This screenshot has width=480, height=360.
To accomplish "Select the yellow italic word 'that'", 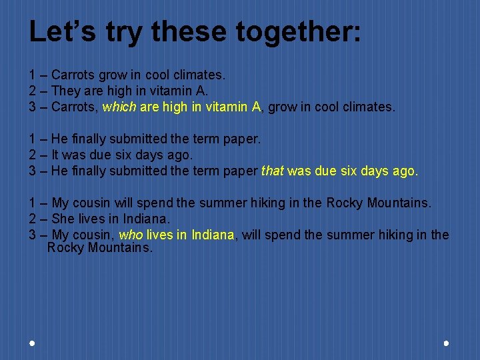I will tap(272, 171).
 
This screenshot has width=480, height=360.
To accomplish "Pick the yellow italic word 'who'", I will tap(130, 235).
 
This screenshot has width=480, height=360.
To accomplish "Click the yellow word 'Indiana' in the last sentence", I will tap(213, 235).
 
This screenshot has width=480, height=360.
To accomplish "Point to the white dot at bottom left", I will tap(32, 343).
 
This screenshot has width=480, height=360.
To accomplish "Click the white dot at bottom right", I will tap(446, 343).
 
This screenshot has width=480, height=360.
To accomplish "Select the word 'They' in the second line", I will tap(65, 91).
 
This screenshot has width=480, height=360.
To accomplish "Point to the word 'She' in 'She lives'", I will tap(63, 219).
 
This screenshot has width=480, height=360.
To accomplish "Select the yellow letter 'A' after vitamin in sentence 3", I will tap(257, 107).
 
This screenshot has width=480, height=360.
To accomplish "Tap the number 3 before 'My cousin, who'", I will tap(33, 235).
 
